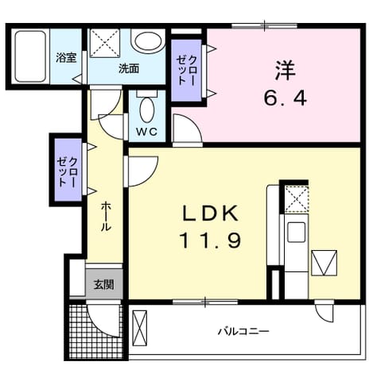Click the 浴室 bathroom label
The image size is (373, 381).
(66, 58)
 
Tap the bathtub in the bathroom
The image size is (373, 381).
(30, 56)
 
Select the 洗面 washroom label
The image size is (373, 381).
(129, 69)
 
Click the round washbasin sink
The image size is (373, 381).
(148, 41)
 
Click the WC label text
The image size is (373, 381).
(147, 132)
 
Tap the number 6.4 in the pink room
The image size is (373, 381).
(285, 98)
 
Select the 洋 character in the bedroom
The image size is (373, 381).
(286, 71)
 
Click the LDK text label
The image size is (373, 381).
(210, 214)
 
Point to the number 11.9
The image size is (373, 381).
(211, 241)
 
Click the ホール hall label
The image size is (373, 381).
(106, 216)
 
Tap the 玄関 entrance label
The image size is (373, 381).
(104, 285)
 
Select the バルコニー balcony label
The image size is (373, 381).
(243, 331)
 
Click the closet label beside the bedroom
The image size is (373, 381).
(186, 71)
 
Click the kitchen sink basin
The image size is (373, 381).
(296, 232)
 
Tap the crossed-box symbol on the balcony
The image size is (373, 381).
(140, 328)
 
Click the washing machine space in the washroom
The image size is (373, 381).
(105, 43)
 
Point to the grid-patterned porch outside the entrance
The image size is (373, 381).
(97, 331)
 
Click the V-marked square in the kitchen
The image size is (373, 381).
(324, 263)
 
